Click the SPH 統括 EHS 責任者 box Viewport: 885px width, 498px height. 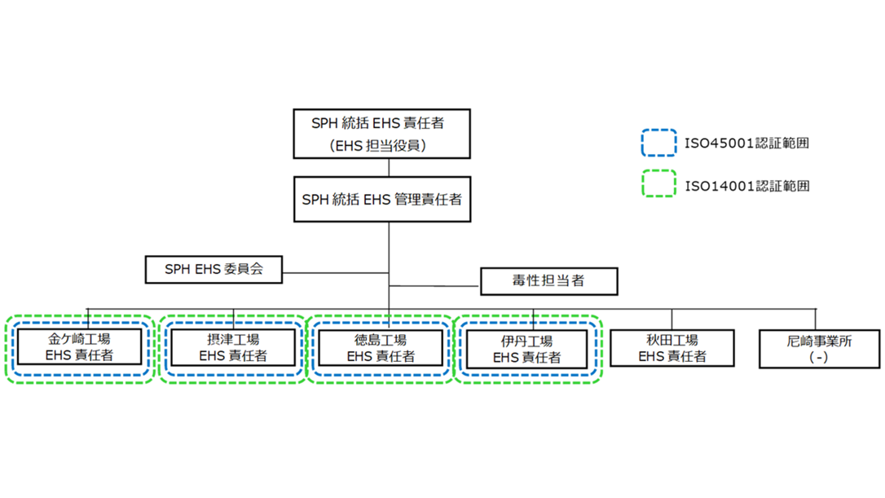[381, 134]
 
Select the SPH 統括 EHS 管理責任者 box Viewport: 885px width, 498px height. [381, 198]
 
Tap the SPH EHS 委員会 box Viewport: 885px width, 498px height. [214, 269]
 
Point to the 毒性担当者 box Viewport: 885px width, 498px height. [548, 281]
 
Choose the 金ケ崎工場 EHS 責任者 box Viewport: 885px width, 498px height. [80, 348]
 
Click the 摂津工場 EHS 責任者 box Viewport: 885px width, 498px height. [233, 348]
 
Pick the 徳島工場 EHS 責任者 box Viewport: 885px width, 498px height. [381, 348]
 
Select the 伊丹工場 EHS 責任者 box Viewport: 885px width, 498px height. [526, 349]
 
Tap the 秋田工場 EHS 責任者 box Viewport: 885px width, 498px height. [672, 349]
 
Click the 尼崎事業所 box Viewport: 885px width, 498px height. [819, 349]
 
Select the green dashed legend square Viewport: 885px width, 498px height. [658, 184]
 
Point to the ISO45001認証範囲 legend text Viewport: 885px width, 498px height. [746, 143]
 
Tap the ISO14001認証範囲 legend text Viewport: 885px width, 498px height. [746, 186]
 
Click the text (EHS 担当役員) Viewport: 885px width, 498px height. [381, 146]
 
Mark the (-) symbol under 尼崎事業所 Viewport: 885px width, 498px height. [820, 358]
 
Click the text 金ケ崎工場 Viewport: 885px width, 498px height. [80, 339]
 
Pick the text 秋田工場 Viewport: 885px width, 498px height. [672, 340]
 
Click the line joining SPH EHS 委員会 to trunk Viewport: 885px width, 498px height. [335, 271]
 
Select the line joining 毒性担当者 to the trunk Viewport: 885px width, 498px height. [435, 286]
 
